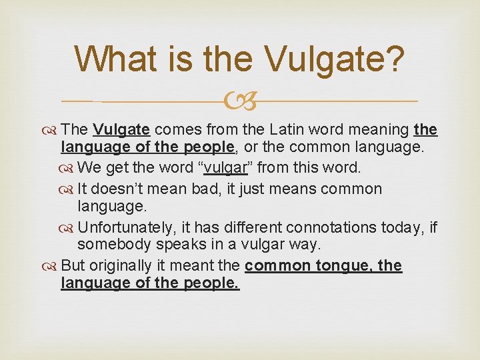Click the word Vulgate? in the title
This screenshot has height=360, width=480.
[x=335, y=59]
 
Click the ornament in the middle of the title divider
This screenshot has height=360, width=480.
[x=239, y=102]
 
